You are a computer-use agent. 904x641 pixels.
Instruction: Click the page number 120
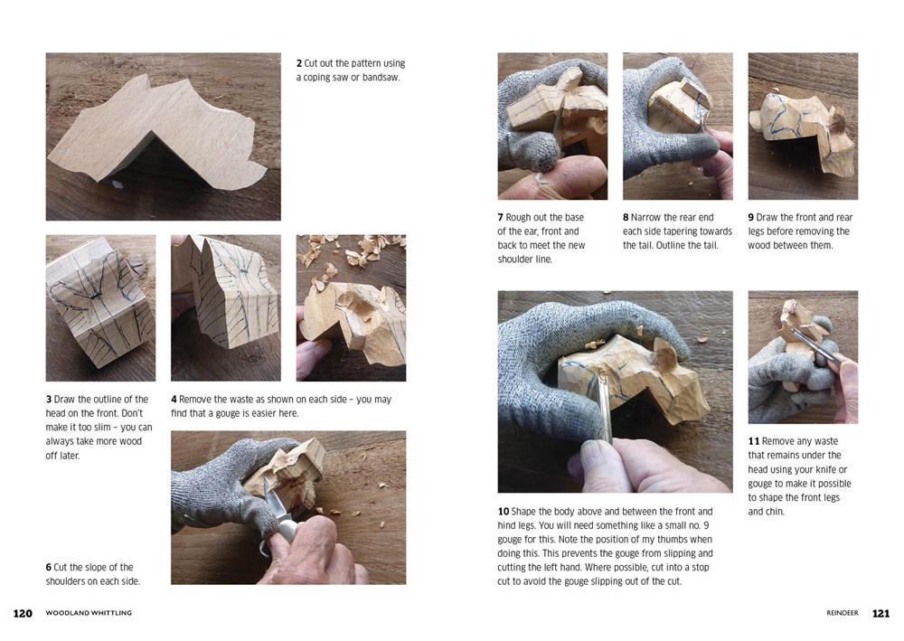23,613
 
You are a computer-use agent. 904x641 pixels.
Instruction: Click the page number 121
880,613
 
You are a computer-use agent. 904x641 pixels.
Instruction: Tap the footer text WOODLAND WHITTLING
89,613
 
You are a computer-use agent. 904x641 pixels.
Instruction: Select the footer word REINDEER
843,613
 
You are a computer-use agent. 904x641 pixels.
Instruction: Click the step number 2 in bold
299,63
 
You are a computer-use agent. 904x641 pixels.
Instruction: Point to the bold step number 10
504,512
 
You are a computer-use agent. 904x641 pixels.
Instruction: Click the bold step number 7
501,217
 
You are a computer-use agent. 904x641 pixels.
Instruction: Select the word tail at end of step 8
711,245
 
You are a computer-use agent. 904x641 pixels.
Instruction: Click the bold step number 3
49,400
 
